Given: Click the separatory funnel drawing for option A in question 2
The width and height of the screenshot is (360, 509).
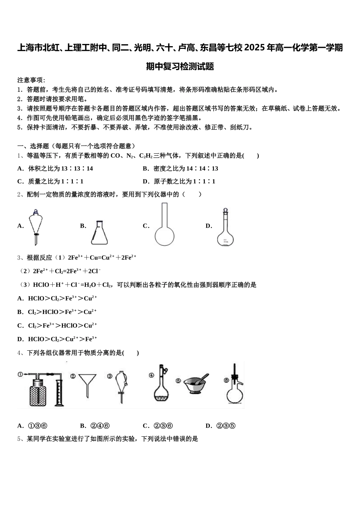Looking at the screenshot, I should tap(36, 226).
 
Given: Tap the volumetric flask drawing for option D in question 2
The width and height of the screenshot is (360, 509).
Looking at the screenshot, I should tap(225, 227).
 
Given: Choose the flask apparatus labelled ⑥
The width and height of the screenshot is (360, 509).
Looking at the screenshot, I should tap(234, 386).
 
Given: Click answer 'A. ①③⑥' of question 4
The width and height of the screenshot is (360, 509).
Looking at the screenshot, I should tap(32, 426).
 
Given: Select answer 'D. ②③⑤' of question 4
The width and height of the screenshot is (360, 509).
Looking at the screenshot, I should tap(221, 426).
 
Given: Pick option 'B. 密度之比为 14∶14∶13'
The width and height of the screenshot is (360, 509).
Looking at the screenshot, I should tap(180, 169).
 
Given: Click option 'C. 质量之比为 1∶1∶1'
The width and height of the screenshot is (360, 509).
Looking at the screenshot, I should tap(50, 181).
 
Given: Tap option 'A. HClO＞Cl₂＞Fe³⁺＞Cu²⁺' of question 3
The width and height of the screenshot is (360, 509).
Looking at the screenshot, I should tap(57, 298).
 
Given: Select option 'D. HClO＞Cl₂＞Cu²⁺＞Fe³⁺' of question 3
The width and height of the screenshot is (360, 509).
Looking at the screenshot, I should tap(57, 339).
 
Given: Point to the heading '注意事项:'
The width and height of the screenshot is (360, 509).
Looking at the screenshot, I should tap(31, 80).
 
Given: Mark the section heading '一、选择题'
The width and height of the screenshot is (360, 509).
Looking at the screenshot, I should tap(33, 146).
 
